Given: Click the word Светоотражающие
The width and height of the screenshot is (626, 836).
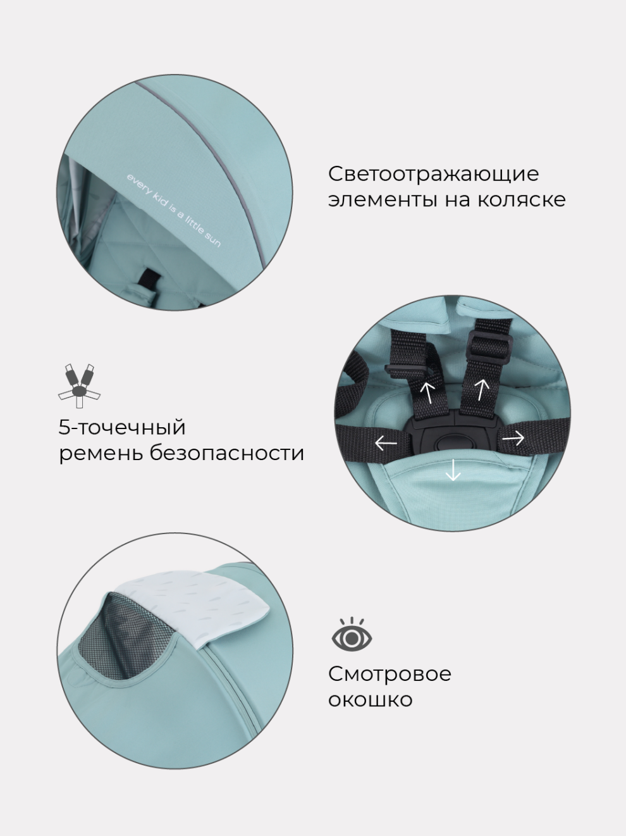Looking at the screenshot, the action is (x=433, y=174).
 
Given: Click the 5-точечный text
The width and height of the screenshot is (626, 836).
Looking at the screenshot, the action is (x=122, y=427).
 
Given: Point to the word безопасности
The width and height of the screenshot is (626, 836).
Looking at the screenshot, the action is (x=227, y=453).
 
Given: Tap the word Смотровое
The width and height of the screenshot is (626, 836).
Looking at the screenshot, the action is (x=390, y=673).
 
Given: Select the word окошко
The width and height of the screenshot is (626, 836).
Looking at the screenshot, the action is (x=371, y=699).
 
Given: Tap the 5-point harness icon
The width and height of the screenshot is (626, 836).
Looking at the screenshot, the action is (x=80, y=385).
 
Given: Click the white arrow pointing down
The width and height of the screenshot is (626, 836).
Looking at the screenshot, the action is (x=453, y=470).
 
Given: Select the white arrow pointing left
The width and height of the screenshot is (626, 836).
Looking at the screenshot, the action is (x=386, y=443).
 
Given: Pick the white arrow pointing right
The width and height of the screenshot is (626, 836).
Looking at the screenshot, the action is (x=513, y=438).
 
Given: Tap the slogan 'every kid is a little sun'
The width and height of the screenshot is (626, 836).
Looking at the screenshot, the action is (x=173, y=210).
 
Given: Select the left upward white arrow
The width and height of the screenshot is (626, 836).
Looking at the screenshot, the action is (x=427, y=392).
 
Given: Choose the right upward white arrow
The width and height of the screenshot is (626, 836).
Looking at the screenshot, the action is (x=482, y=389).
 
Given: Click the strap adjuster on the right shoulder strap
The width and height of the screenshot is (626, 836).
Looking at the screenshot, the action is (x=491, y=347).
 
